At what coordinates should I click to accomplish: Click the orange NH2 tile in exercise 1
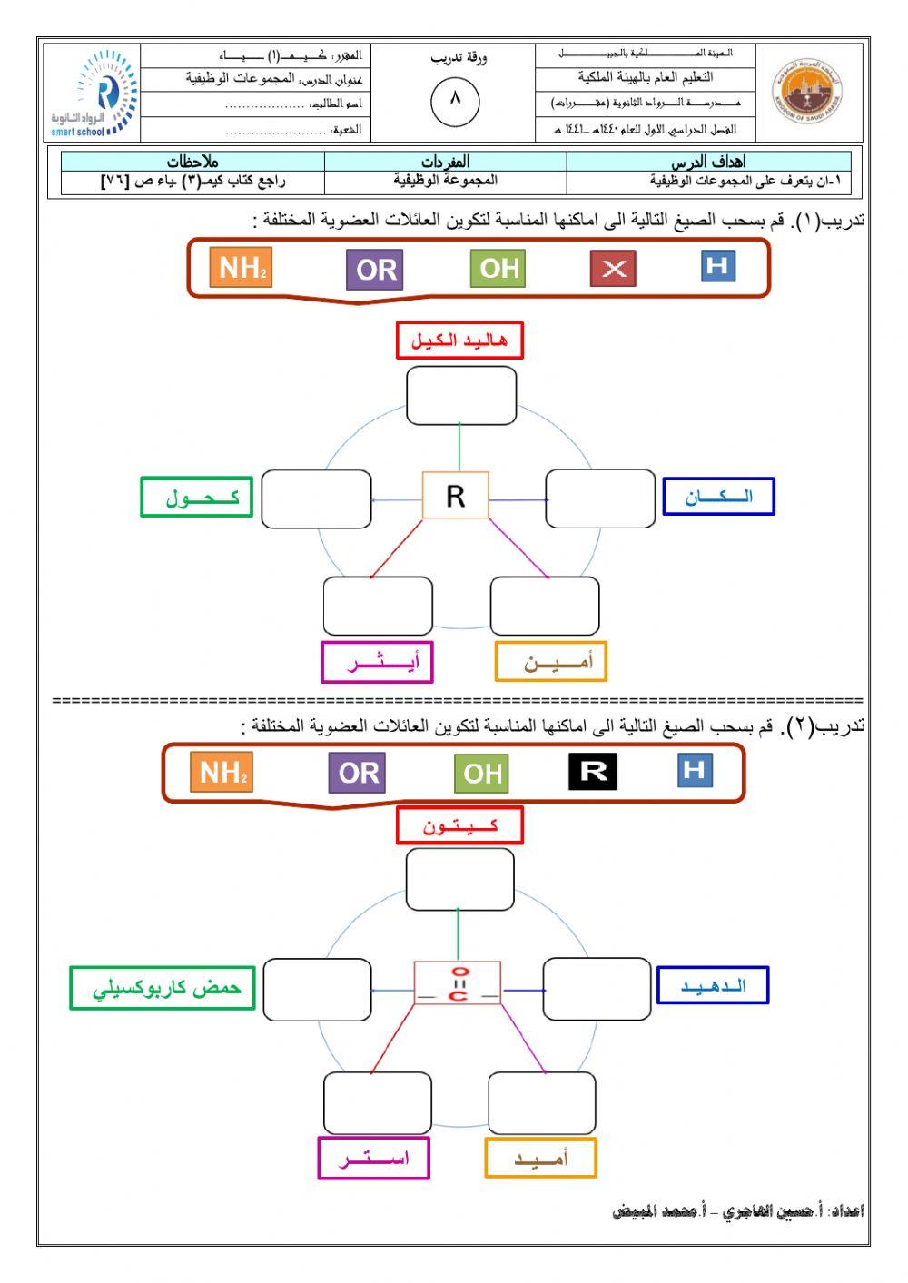pyautogui.click(x=241, y=268)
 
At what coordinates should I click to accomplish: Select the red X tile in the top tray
pyautogui.click(x=614, y=268)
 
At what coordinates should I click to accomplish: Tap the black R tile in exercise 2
pyautogui.click(x=592, y=772)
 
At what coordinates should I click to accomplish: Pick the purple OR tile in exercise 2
pyautogui.click(x=357, y=773)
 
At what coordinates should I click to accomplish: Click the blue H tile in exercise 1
pyautogui.click(x=717, y=266)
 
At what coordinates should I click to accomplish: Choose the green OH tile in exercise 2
pyautogui.click(x=481, y=774)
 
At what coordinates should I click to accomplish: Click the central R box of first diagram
pyautogui.click(x=456, y=496)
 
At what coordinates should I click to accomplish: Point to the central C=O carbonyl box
pyautogui.click(x=458, y=983)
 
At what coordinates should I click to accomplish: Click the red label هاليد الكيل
pyautogui.click(x=459, y=340)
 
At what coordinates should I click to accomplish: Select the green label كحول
pyautogui.click(x=196, y=497)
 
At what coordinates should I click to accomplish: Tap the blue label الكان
pyautogui.click(x=718, y=497)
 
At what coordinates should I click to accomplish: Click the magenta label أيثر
pyautogui.click(x=377, y=662)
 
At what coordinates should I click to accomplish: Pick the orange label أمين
pyautogui.click(x=550, y=662)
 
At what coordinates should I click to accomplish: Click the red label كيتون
pyautogui.click(x=459, y=825)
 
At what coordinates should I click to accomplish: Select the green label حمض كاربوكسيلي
pyautogui.click(x=163, y=988)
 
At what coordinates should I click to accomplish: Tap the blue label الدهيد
pyautogui.click(x=712, y=985)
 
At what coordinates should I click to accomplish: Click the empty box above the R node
pyautogui.click(x=460, y=396)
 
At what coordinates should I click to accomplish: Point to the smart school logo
pyautogui.click(x=94, y=94)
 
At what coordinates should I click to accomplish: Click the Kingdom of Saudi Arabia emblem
pyautogui.click(x=806, y=94)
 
